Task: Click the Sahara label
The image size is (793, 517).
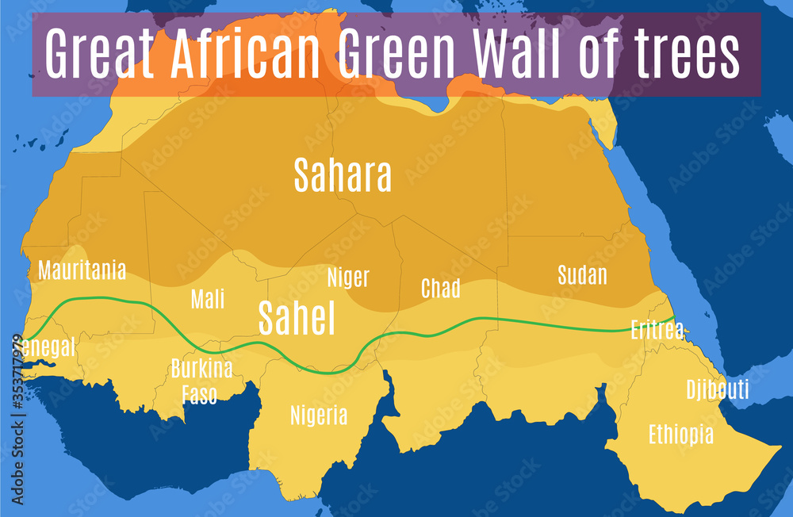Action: click(x=343, y=176)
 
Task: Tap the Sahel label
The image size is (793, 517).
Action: click(x=297, y=319)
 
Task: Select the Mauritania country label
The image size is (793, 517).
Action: click(x=82, y=270)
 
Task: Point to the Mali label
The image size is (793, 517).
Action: click(x=208, y=299)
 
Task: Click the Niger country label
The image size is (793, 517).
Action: click(x=348, y=278)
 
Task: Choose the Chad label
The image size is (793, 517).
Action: click(x=440, y=289)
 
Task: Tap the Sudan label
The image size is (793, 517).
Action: click(x=582, y=275)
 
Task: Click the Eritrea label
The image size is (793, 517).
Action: click(x=657, y=330)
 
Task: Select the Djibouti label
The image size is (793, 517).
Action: click(x=717, y=390)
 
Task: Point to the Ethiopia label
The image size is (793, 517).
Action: click(x=680, y=435)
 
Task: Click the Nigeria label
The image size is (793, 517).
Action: click(x=319, y=416)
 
